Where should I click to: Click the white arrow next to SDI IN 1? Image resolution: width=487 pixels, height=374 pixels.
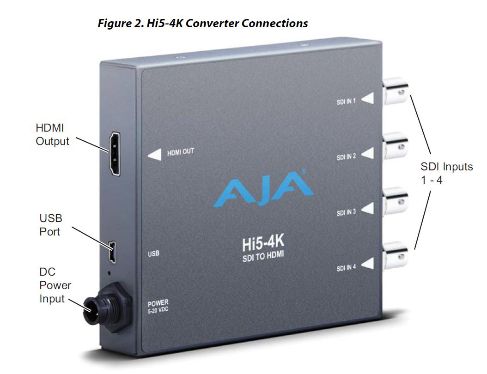(x=368, y=99)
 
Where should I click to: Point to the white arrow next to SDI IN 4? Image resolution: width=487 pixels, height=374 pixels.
(x=367, y=264)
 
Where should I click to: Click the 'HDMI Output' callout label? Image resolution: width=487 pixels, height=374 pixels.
(x=52, y=134)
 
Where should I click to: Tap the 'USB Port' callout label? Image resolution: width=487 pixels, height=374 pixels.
(x=50, y=224)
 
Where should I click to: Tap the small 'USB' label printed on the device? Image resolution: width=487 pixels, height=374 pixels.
(x=153, y=253)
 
